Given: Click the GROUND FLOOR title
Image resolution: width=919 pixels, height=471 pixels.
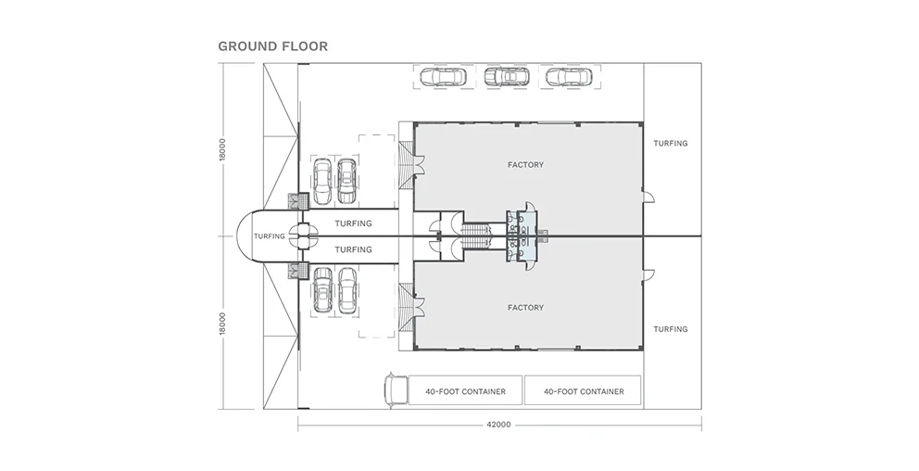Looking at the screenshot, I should (x=272, y=45).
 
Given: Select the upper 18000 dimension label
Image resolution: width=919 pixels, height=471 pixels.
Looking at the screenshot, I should (x=223, y=150).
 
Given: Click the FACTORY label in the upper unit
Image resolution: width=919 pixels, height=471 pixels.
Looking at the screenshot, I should (x=525, y=165).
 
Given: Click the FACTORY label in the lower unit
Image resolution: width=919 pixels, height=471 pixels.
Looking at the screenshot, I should (x=525, y=307).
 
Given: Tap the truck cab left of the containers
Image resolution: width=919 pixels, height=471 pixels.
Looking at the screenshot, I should (x=394, y=389).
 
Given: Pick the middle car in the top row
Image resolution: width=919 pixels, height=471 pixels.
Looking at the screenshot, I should (x=504, y=78).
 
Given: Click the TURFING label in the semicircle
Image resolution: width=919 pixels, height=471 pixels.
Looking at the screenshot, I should (x=269, y=236).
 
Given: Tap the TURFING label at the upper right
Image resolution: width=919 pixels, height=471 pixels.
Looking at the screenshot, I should (x=670, y=144).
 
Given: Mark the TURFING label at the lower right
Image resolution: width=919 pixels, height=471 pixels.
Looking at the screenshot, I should (x=670, y=329).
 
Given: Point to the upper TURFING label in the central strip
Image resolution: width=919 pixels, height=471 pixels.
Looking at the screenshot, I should (x=352, y=223).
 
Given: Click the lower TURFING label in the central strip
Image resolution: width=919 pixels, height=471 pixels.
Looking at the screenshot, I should (x=352, y=249).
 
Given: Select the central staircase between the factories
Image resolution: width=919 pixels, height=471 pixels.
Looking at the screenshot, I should (x=475, y=235).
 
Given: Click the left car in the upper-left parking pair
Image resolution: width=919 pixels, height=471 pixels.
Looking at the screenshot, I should (x=322, y=181).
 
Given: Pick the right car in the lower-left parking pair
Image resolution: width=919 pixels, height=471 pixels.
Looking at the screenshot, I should (x=347, y=290).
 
